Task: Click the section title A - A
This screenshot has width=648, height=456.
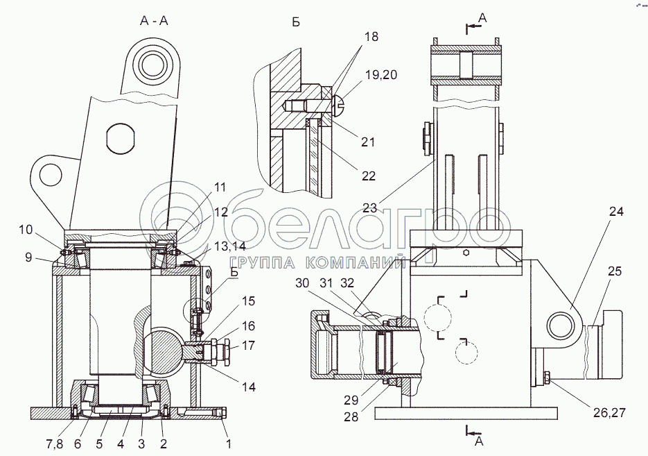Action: coord(154,21)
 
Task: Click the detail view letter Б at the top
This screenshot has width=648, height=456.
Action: coord(296,22)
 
